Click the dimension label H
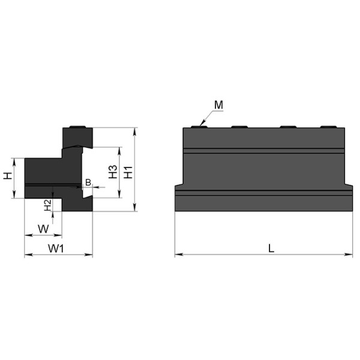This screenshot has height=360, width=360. (8, 176)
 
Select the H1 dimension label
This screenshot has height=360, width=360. (128, 172)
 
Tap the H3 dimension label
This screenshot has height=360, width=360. (113, 172)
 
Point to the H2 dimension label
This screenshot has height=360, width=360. (47, 205)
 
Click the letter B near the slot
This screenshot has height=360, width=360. (88, 182)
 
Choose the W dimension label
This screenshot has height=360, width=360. (43, 229)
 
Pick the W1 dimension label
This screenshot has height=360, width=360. (56, 248)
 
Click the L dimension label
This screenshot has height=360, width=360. (271, 248)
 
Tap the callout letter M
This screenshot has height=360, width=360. (218, 105)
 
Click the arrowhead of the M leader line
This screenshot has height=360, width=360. (202, 124)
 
